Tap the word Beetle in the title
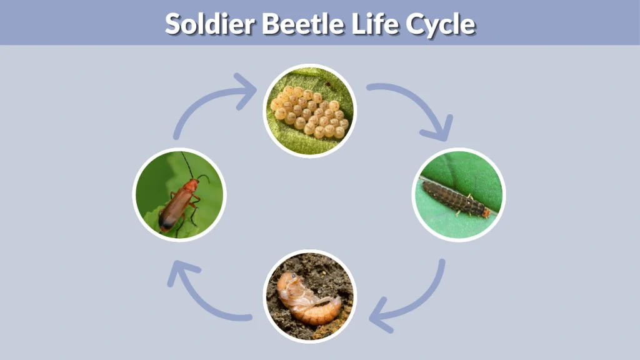(x=302, y=24)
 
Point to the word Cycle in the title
(x=441, y=24)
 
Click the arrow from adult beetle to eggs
(x=206, y=104)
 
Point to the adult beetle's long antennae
(x=187, y=164)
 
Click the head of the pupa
(x=288, y=281)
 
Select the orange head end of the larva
(x=486, y=213)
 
